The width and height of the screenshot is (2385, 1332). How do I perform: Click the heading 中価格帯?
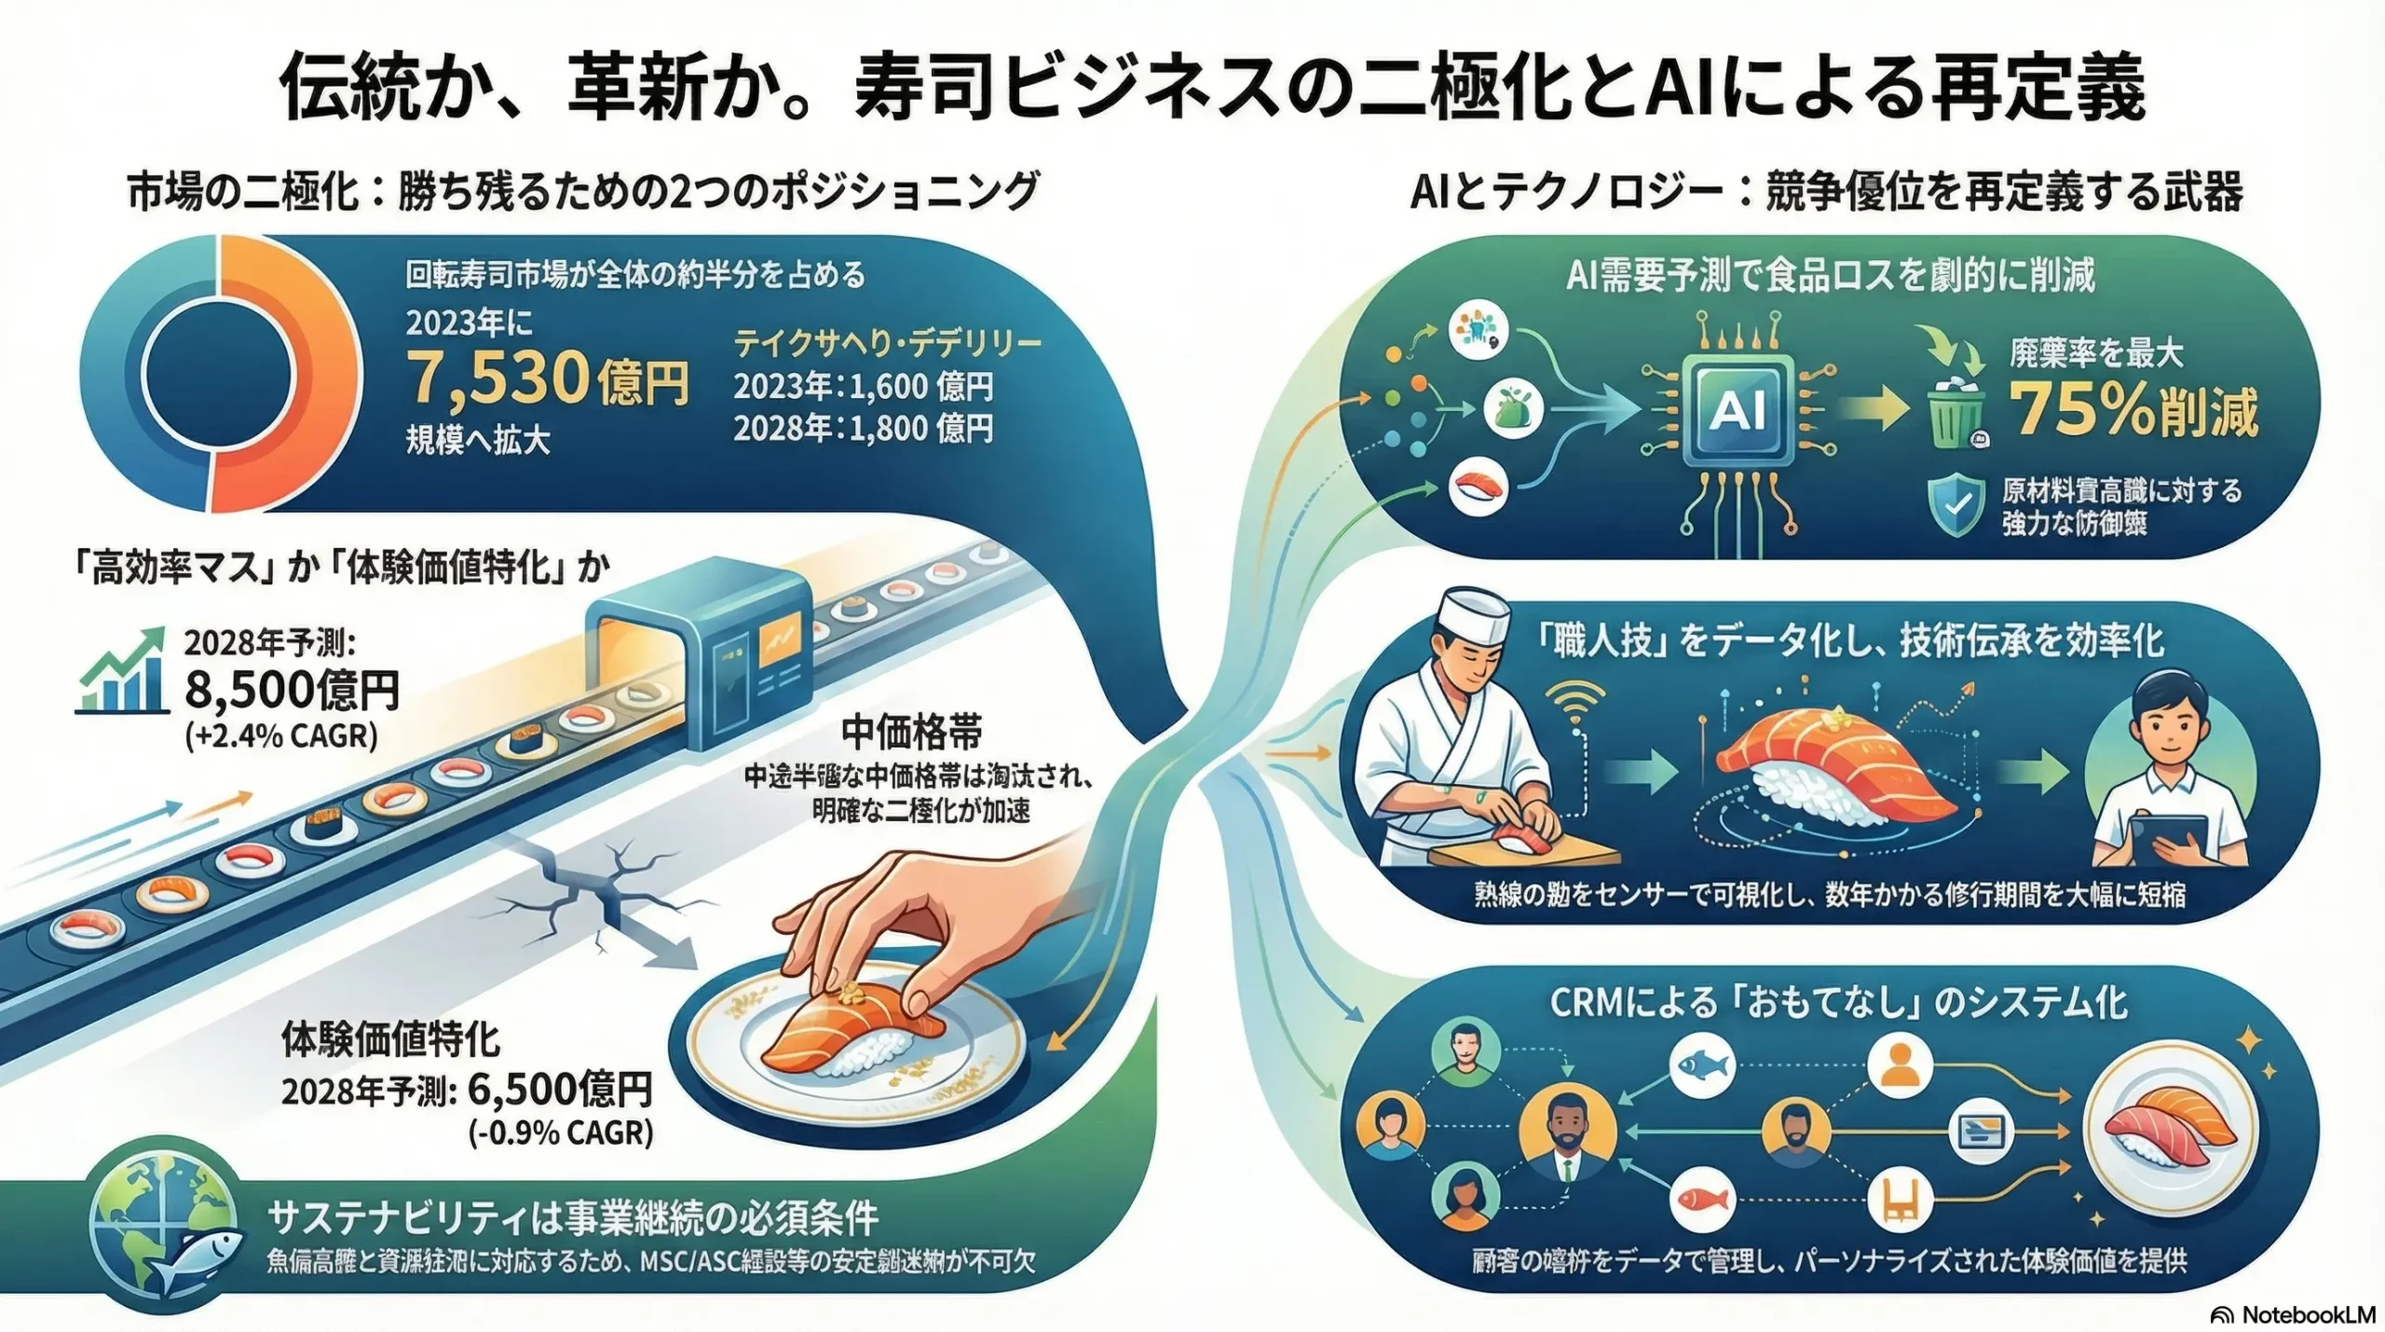[x=910, y=733]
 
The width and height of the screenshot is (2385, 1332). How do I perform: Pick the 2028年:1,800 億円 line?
[x=863, y=429]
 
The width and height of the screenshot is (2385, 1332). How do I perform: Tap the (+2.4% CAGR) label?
[x=280, y=737]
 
